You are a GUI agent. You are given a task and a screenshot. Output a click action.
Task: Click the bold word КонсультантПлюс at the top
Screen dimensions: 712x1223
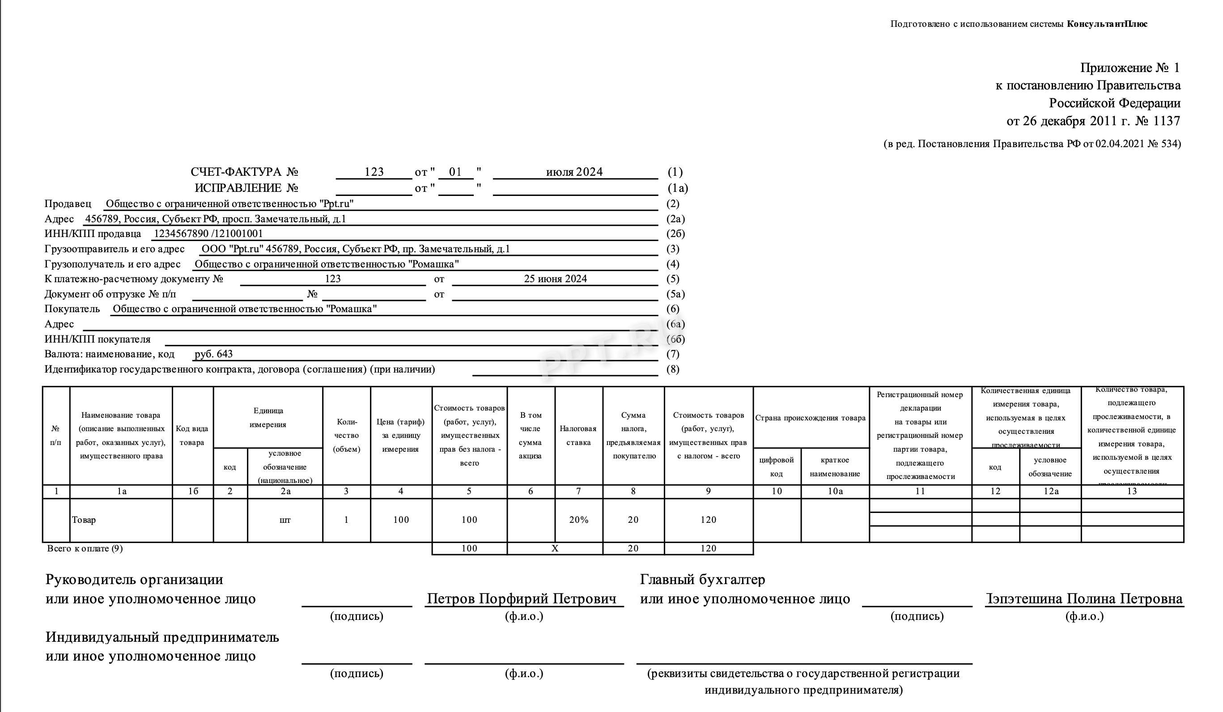[1107, 24]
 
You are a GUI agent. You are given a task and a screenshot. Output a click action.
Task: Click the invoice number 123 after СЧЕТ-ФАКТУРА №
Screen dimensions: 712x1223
[374, 172]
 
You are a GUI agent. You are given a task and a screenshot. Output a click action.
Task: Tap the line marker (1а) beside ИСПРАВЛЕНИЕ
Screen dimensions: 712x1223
[678, 188]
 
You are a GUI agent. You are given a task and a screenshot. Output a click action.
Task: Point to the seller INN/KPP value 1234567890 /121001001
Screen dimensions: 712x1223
[208, 233]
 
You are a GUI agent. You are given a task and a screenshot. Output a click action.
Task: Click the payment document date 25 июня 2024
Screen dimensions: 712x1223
[555, 279]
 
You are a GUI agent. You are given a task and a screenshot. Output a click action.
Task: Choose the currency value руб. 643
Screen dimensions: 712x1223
[213, 354]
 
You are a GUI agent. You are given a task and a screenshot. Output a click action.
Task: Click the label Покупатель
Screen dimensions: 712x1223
[72, 309]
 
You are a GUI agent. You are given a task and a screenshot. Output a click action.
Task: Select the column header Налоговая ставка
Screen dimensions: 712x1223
[578, 435]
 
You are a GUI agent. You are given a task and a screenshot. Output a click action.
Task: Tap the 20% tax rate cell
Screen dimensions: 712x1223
[578, 520]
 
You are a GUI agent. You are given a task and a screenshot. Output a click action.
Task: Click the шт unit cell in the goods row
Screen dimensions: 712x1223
[285, 520]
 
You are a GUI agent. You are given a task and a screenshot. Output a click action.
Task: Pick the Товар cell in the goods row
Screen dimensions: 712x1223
[84, 520]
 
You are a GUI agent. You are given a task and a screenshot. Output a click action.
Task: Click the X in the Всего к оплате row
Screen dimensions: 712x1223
[555, 548]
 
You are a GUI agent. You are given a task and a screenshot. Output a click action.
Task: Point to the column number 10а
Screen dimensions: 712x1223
[835, 491]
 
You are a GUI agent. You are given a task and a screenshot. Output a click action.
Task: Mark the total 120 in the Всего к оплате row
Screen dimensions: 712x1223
[708, 548]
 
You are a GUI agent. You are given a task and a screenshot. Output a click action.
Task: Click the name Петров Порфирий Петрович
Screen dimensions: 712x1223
[522, 599]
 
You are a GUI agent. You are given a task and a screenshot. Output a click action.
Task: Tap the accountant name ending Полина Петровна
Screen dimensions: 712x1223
[1085, 599]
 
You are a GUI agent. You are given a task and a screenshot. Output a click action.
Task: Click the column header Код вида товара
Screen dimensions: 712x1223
[192, 435]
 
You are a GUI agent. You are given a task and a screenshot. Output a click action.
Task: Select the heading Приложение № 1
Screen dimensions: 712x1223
[1130, 68]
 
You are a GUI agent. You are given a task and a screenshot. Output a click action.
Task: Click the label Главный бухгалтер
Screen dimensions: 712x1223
[702, 580]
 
